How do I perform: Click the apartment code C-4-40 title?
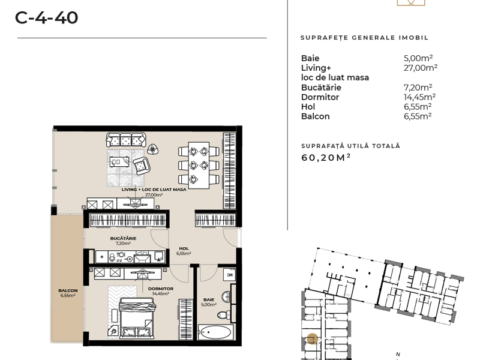click(x=47, y=18)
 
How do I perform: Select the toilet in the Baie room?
click(x=224, y=314)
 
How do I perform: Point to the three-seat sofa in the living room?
click(x=126, y=140)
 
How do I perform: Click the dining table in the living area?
click(x=199, y=165)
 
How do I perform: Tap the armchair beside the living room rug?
click(x=141, y=166)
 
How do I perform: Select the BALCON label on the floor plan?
click(x=68, y=290)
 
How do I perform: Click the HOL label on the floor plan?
click(x=184, y=248)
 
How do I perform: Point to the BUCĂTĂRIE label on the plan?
click(x=124, y=238)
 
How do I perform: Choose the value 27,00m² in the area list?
click(x=421, y=68)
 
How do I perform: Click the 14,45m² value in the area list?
click(x=419, y=97)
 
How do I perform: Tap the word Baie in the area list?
click(x=310, y=58)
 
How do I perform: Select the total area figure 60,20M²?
click(x=326, y=157)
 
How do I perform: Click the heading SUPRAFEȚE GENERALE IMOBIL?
click(x=364, y=38)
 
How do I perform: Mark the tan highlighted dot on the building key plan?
click(x=312, y=339)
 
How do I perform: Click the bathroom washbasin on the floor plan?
click(x=226, y=296)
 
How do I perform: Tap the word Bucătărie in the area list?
click(x=321, y=88)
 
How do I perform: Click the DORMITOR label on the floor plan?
click(x=161, y=289)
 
